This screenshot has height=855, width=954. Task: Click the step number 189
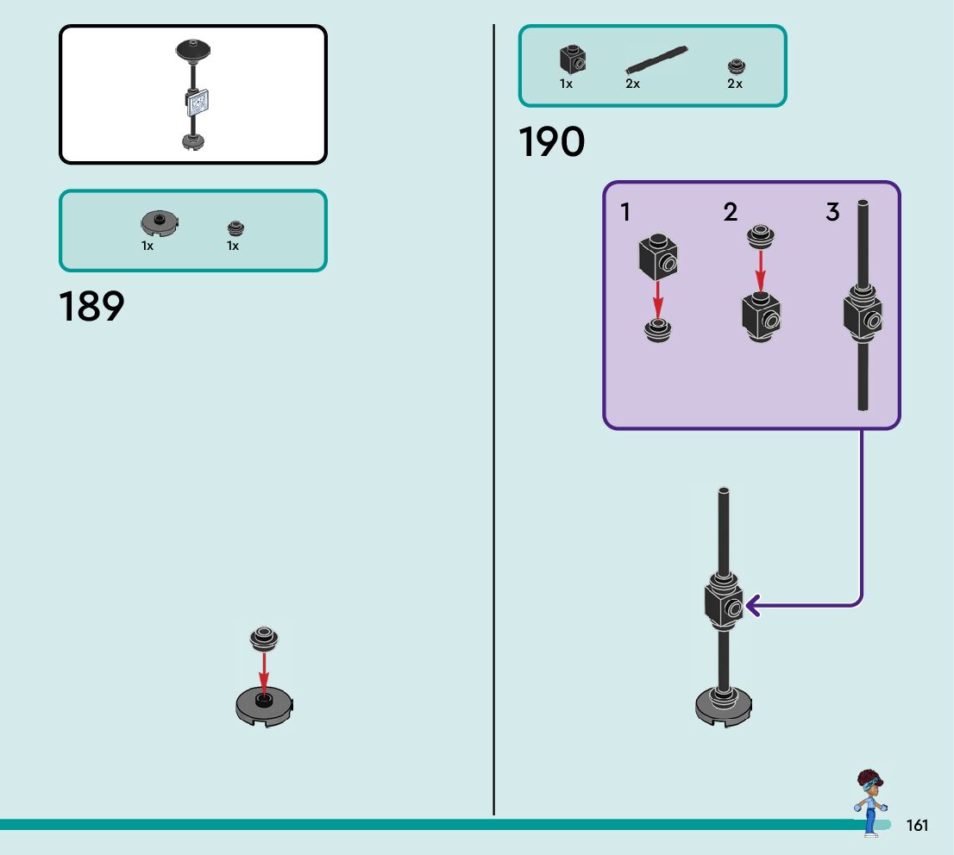click(x=91, y=308)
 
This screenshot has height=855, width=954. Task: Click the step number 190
click(x=551, y=143)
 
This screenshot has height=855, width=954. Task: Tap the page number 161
click(x=917, y=826)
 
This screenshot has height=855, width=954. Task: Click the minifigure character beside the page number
click(x=869, y=802)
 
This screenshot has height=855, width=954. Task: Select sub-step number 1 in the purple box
click(x=625, y=212)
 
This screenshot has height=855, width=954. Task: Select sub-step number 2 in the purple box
click(x=731, y=212)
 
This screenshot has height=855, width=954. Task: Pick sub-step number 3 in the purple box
click(x=832, y=212)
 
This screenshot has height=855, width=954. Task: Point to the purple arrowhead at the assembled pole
click(x=751, y=607)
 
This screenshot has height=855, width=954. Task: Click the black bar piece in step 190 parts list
click(x=656, y=60)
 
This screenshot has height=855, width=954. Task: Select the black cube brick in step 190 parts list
click(x=571, y=59)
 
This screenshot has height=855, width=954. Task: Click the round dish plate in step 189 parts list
click(x=160, y=223)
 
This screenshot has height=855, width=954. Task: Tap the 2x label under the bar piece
click(x=632, y=84)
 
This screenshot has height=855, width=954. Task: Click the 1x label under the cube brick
click(x=566, y=84)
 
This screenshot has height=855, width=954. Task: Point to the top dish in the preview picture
click(x=193, y=49)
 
